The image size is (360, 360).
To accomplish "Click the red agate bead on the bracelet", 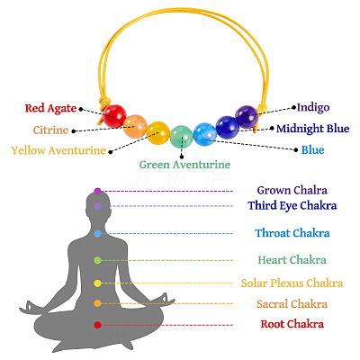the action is (114, 116).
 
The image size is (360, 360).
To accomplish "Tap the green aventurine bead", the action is (182, 137).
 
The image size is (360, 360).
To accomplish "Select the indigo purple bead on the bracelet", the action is (247, 117).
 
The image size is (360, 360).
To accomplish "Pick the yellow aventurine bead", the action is (158, 133).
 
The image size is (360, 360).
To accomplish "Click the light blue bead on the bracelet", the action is (205, 134).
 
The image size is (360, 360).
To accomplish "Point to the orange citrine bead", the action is (135, 126).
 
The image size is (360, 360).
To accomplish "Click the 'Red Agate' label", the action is (50, 109).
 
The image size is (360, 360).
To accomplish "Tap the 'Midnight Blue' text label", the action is (313, 129).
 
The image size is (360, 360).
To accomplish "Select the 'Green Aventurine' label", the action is (184, 165).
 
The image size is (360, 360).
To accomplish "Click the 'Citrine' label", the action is (50, 130).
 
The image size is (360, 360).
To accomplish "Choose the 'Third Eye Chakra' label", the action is (292, 206).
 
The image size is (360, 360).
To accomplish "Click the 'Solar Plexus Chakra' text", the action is (292, 283).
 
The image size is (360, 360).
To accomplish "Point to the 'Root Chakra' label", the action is (292, 324).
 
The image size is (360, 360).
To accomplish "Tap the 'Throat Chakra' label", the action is (292, 233).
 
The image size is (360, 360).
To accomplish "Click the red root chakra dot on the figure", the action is (97, 325).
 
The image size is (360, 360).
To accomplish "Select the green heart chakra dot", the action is (97, 260).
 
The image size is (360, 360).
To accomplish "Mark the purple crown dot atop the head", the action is (97, 191).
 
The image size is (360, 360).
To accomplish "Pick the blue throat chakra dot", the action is (97, 234).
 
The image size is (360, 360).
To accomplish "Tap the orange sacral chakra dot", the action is (97, 303).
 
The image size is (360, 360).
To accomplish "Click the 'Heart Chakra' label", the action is (292, 260).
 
